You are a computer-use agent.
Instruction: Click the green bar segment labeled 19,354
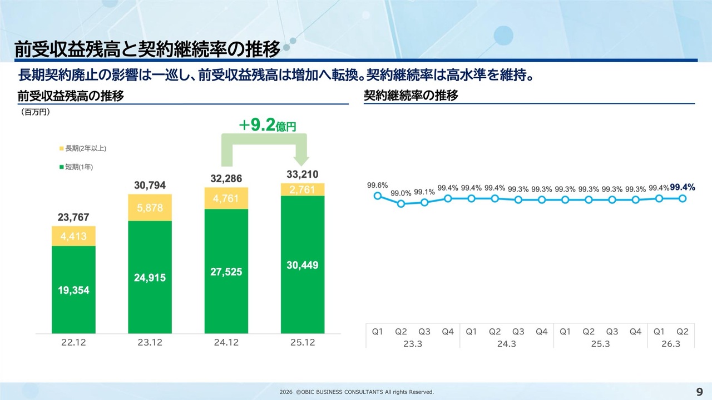pyautogui.click(x=73, y=289)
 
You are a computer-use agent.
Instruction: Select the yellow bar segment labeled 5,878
pyautogui.click(x=150, y=208)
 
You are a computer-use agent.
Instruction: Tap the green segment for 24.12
pyautogui.click(x=226, y=271)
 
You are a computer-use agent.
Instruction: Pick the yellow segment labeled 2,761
pyautogui.click(x=303, y=189)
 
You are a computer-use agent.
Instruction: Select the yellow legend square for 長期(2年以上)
pyautogui.click(x=62, y=148)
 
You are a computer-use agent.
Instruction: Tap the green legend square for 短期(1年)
pyautogui.click(x=62, y=167)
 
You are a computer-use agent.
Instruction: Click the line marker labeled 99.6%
pyautogui.click(x=377, y=196)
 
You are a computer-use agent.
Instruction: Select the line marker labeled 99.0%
pyautogui.click(x=401, y=203)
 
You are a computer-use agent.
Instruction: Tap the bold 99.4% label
pyautogui.click(x=683, y=188)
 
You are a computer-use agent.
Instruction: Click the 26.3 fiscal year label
pyautogui.click(x=671, y=344)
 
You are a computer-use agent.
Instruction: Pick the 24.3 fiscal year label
pyautogui.click(x=506, y=344)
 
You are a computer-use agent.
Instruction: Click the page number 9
pyautogui.click(x=700, y=392)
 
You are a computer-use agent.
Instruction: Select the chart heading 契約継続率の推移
pyautogui.click(x=411, y=96)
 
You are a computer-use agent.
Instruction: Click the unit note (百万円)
pyautogui.click(x=36, y=112)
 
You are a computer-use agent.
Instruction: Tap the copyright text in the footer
pyautogui.click(x=356, y=392)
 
